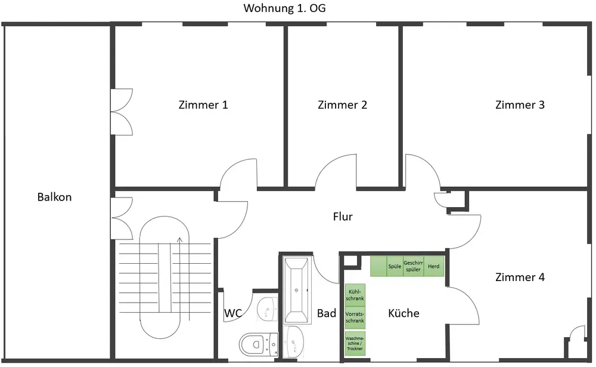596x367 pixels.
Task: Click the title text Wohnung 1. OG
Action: [284, 8]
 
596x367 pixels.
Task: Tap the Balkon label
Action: [54, 197]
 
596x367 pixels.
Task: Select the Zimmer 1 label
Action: [203, 104]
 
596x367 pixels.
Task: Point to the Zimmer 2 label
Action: [343, 104]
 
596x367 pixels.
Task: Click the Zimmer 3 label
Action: [520, 104]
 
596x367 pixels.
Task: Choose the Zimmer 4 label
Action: [520, 277]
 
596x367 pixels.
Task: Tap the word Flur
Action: [343, 217]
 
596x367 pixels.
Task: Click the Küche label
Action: [403, 313]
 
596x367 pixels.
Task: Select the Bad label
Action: [327, 313]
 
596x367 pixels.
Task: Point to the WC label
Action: [233, 313]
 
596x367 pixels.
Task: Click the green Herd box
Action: [434, 266]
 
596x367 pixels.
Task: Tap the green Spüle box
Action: [395, 266]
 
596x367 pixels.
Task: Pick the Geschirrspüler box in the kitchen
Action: [413, 266]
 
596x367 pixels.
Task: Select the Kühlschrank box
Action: [355, 295]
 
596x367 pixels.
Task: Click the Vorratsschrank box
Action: [355, 317]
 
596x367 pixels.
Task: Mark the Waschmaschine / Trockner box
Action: [355, 343]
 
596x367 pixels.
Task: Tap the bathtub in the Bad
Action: [296, 290]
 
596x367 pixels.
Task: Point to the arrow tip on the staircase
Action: [180, 238]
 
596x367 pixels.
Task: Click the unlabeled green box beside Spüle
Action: [378, 266]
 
